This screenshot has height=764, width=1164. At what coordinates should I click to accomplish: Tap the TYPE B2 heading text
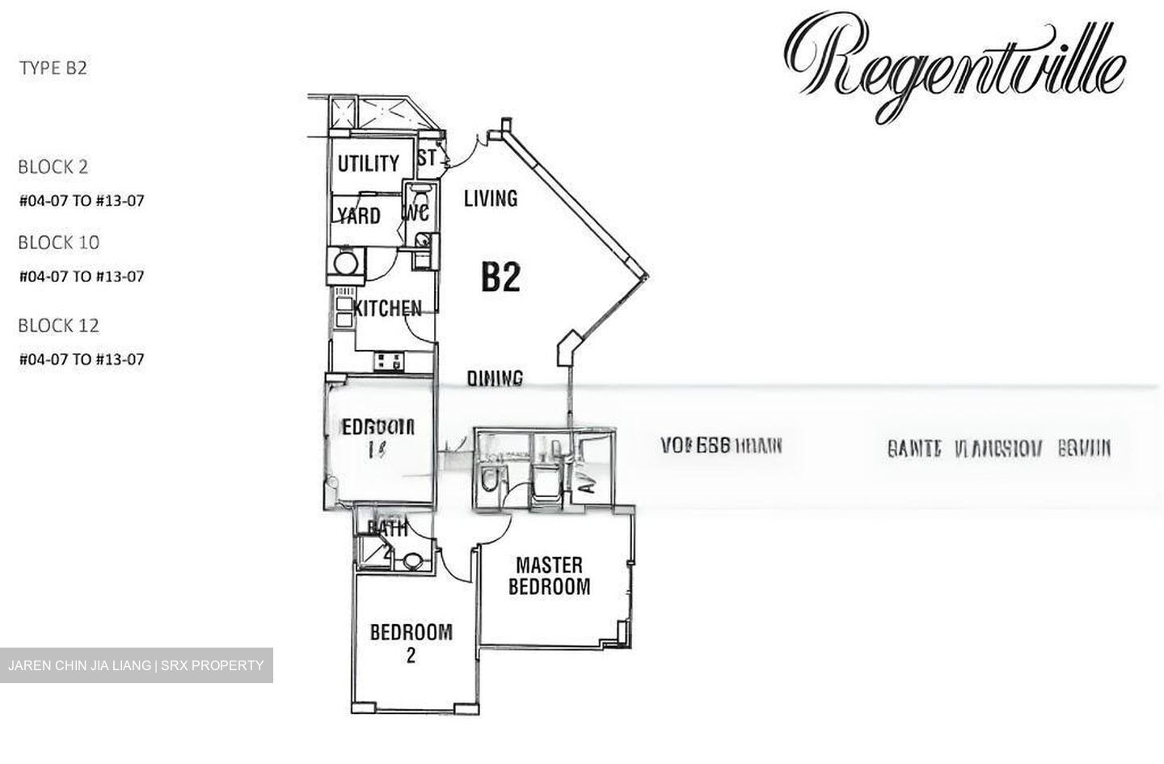[53, 68]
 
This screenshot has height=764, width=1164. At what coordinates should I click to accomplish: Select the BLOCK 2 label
[53, 167]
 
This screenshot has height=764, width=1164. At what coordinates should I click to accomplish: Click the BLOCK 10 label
[59, 243]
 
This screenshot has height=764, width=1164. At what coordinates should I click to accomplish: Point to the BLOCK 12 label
[59, 326]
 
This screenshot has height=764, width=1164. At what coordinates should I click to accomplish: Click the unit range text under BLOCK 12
[82, 359]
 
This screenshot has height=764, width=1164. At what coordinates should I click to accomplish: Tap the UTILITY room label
[368, 164]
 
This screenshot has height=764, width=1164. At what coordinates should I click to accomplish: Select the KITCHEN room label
[387, 308]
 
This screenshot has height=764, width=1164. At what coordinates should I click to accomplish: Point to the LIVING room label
[491, 198]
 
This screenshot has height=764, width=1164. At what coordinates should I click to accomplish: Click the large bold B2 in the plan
[500, 277]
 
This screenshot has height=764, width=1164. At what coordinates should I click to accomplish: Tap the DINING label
[496, 378]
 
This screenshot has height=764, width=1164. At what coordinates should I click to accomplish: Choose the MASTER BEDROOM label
[549, 576]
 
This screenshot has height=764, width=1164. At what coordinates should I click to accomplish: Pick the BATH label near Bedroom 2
[388, 529]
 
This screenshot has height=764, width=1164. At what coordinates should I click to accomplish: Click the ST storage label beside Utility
[427, 158]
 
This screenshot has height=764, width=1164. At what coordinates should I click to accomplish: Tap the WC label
[415, 214]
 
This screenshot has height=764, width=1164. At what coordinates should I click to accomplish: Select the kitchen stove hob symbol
[389, 361]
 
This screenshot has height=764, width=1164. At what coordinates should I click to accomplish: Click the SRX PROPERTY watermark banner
[136, 665]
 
